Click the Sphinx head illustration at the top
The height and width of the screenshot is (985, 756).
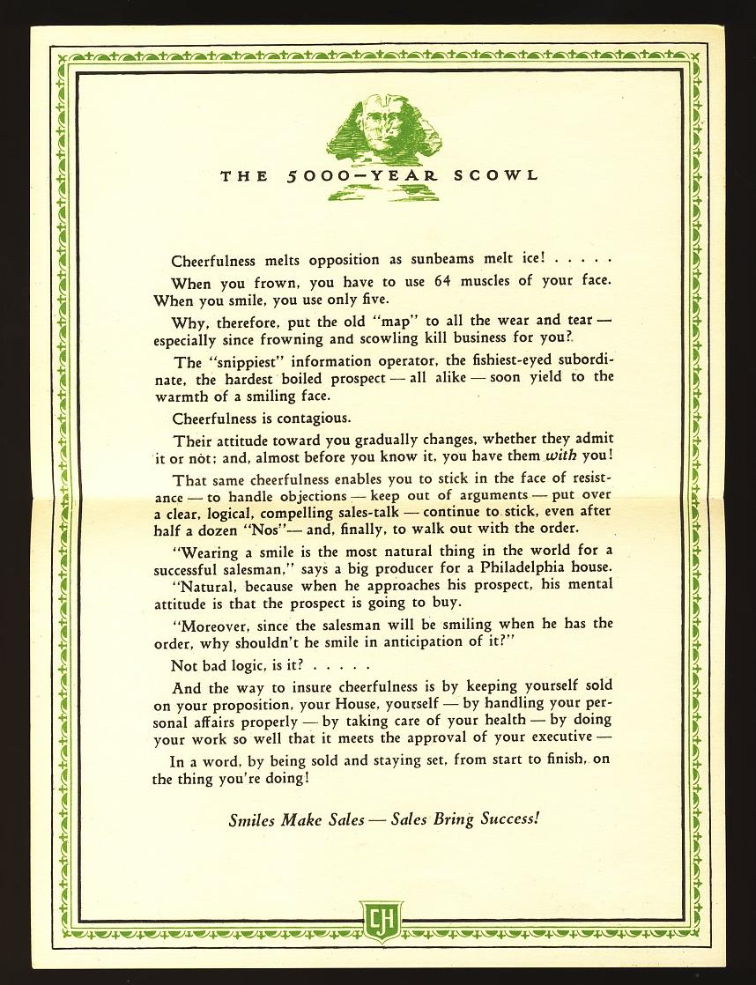[x=382, y=126]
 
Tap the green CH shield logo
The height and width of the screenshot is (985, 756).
[x=381, y=922]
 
